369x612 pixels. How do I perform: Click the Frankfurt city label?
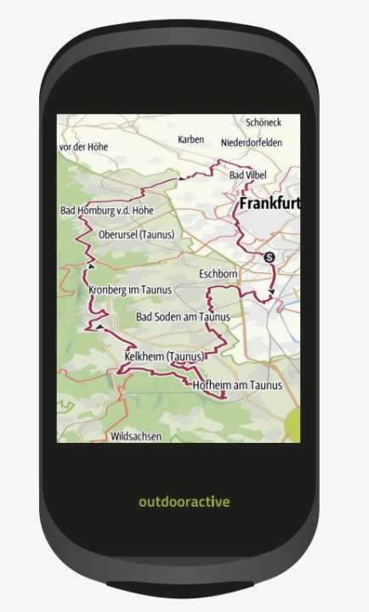[269, 204]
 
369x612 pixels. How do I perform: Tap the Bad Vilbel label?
[247, 174]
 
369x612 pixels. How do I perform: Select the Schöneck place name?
[263, 122]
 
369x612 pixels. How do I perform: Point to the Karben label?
[191, 139]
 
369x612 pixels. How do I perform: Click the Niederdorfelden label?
[251, 143]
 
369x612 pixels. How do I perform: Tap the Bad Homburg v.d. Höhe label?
[106, 210]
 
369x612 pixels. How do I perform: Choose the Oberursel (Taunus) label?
[136, 235]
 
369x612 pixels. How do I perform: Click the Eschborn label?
[218, 275]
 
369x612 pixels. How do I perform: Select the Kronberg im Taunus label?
[129, 290]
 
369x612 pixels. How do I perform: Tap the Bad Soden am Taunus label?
[184, 317]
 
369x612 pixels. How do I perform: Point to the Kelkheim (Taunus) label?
[165, 356]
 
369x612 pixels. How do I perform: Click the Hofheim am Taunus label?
[237, 385]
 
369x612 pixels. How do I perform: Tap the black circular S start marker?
[270, 257]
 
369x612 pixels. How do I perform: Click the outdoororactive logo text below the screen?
[184, 501]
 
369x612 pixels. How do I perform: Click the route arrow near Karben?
[181, 178]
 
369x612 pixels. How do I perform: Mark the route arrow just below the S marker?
[271, 292]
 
